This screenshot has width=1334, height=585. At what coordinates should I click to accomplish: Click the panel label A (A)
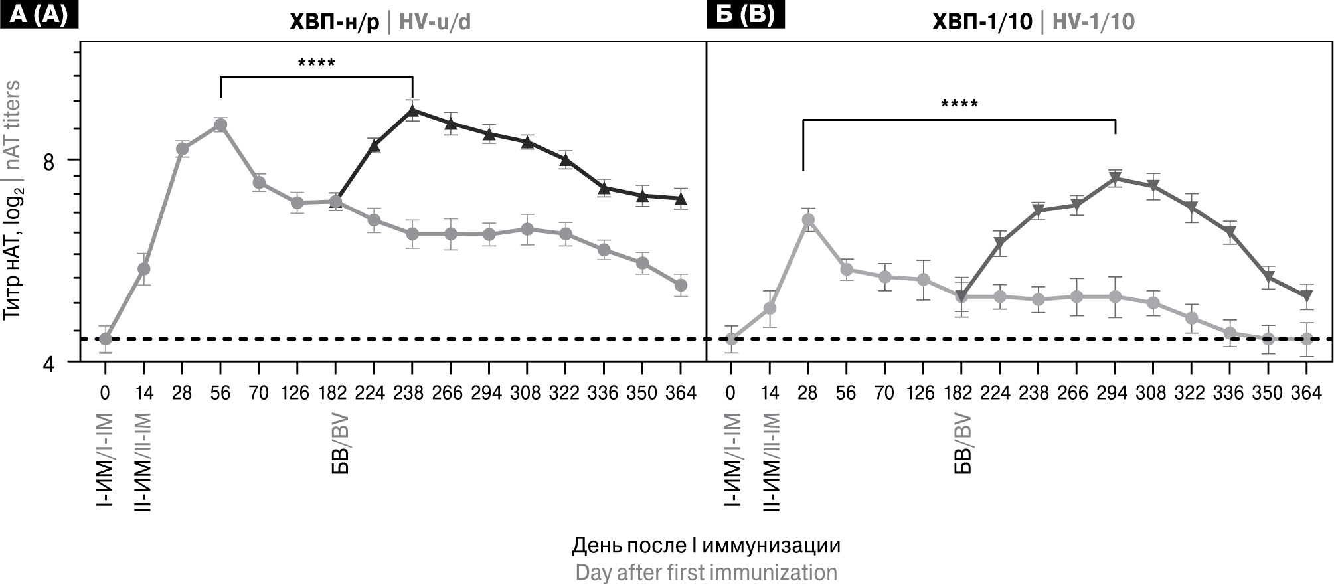click(40, 15)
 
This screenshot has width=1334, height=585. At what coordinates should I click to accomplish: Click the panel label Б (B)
click(745, 15)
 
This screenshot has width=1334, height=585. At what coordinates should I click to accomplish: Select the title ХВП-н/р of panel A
click(334, 23)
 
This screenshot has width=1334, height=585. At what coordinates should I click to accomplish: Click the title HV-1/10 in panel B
click(1093, 23)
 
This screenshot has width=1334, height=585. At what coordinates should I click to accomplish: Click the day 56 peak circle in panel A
click(220, 125)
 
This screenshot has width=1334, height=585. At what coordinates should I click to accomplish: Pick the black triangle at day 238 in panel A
click(412, 110)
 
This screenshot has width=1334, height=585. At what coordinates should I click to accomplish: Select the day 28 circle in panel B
click(808, 220)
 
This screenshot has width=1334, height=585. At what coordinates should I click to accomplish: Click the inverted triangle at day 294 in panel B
click(1115, 178)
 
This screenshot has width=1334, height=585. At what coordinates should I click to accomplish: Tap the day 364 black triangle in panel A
click(681, 199)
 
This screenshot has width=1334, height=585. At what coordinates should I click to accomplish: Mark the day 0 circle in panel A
click(105, 339)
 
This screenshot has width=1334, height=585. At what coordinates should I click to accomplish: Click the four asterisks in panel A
click(317, 64)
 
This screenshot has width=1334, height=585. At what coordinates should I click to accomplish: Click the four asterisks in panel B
click(959, 104)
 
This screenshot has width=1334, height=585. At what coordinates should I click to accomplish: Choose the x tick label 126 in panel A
click(295, 393)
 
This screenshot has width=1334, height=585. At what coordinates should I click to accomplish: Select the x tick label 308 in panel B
click(1152, 393)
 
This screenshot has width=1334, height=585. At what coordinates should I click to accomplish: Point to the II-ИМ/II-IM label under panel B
click(770, 461)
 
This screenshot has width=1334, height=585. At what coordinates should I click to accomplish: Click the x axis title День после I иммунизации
click(706, 546)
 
